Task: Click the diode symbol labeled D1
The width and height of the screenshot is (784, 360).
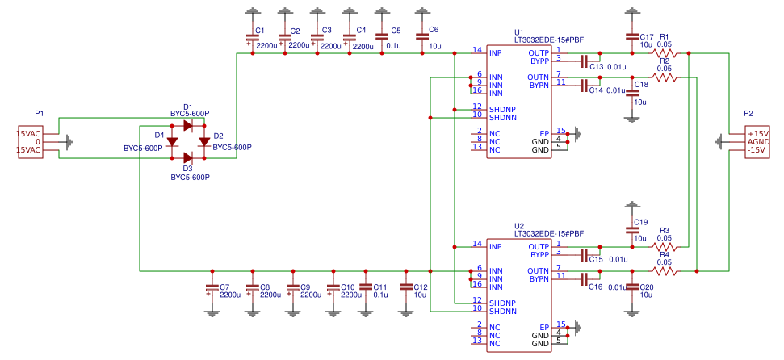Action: coord(187,126)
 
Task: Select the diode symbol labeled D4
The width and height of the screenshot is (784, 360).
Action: coord(172,142)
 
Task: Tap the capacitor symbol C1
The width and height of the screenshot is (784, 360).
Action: coord(252,37)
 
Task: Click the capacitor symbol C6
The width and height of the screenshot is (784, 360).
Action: coord(421,36)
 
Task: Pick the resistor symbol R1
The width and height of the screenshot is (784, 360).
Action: coord(664,53)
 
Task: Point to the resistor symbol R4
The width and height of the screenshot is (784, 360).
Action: coord(664,271)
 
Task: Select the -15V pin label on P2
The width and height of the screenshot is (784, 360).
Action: coord(757,150)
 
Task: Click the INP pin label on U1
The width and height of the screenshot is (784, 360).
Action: coord(495,53)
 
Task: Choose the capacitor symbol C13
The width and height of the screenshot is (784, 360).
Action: coord(584,61)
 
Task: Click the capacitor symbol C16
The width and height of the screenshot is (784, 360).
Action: coord(584,278)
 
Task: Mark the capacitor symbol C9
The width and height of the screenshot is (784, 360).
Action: coord(292,287)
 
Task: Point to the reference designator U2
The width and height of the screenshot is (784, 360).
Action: coord(519,226)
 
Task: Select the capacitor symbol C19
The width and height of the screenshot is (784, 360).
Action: coord(631,231)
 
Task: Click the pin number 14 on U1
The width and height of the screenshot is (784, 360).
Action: coord(477,50)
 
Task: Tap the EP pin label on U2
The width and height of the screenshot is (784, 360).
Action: coord(544,327)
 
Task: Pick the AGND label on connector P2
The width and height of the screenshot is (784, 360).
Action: coord(758,142)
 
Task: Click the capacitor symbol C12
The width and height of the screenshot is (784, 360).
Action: coord(405,287)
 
